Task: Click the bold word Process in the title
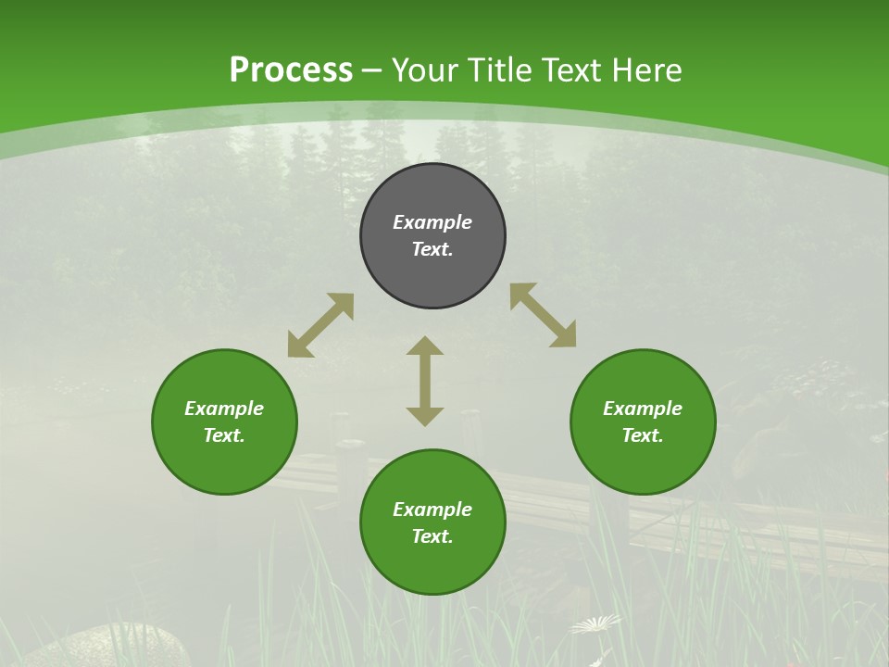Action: [x=291, y=70]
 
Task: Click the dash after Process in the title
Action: [x=372, y=71]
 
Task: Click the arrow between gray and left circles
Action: [x=320, y=325]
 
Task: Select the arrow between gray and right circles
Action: [x=543, y=315]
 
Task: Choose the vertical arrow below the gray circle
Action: [x=425, y=381]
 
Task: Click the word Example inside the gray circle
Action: [x=432, y=222]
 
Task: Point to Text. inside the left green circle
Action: [x=224, y=435]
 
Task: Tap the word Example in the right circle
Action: [x=643, y=409]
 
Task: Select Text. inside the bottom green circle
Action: [x=432, y=536]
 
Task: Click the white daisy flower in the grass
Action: [x=595, y=625]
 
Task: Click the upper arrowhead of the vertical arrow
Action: [x=425, y=346]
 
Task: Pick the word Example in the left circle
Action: [x=224, y=409]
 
